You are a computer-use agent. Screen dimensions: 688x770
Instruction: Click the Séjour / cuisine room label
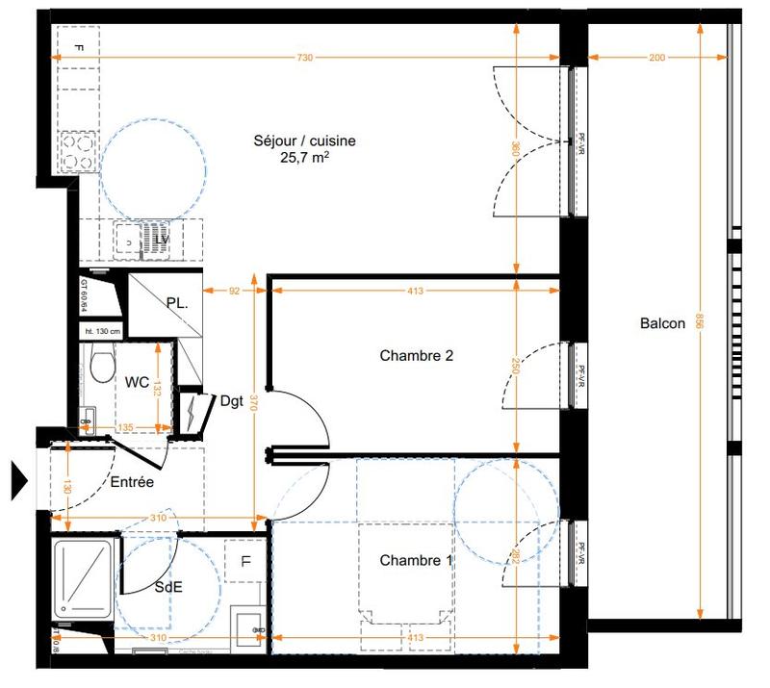click(x=304, y=140)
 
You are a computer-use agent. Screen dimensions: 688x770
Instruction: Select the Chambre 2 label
click(x=416, y=355)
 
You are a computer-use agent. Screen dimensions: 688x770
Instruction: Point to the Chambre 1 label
click(x=416, y=560)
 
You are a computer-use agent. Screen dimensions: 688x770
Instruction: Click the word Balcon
click(x=662, y=323)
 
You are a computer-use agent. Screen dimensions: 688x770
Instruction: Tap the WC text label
click(x=137, y=382)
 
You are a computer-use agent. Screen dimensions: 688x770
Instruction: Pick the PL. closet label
click(x=177, y=302)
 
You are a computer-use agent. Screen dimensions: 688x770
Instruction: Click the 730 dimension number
click(x=304, y=59)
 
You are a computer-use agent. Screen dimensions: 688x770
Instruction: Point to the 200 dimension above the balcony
click(x=656, y=59)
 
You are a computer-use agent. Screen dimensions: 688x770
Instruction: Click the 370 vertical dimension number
click(x=254, y=405)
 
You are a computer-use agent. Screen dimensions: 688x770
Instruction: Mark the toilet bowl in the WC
click(x=96, y=365)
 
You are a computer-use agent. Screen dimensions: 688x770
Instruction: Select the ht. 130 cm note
click(x=102, y=331)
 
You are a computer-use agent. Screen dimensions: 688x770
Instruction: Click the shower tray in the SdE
click(x=83, y=577)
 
